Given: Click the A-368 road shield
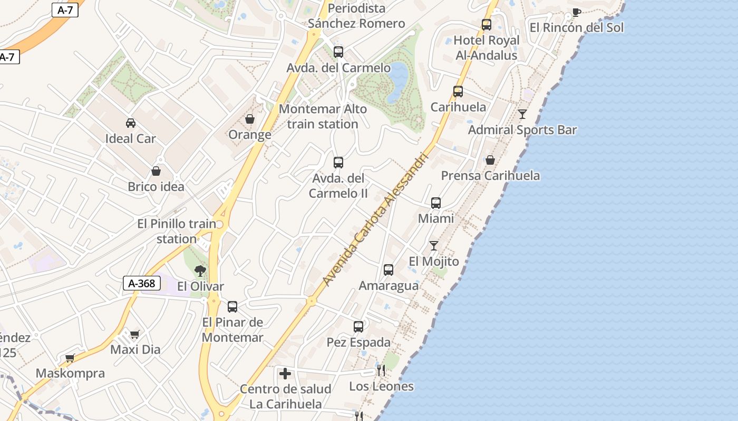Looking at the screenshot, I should [142, 283].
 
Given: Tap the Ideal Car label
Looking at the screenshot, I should [131, 139].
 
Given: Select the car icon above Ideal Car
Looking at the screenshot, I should [131, 123].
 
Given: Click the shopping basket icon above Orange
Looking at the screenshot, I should [250, 119].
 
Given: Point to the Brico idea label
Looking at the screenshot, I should [156, 187].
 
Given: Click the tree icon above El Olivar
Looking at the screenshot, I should [200, 271].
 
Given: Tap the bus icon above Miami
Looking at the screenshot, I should [436, 203].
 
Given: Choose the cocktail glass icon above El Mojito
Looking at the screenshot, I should [434, 246].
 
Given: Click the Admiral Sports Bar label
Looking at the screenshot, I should [522, 130].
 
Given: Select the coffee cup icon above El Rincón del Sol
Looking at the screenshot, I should [576, 13].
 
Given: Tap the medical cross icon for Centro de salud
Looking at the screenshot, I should [285, 374].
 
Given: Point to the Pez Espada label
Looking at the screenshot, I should [358, 343].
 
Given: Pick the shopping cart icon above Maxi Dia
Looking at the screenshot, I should [135, 334].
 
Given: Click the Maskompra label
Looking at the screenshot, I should [70, 374].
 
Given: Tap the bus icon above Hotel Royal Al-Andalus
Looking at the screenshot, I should [487, 25].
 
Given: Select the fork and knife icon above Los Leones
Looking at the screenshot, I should [381, 370].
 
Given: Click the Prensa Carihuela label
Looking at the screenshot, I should [490, 176].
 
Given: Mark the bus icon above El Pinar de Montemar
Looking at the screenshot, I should [232, 307].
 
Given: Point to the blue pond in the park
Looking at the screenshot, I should [398, 82].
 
